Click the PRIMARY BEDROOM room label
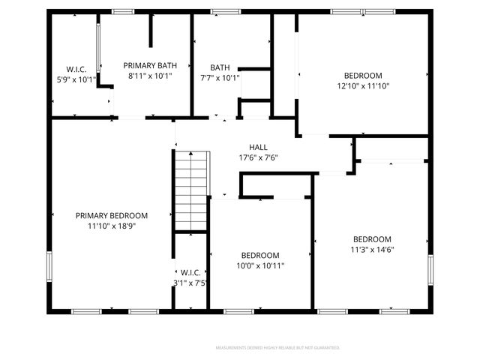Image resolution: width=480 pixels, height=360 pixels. (111, 215)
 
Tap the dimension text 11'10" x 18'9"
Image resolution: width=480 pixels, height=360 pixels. (111, 225)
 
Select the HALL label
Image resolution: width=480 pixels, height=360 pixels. (258, 148)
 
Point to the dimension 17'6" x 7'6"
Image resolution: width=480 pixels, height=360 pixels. (258, 157)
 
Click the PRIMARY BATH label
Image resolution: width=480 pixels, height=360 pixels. (150, 66)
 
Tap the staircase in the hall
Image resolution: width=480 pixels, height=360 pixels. (191, 189)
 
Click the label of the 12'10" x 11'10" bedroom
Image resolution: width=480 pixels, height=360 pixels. (363, 76)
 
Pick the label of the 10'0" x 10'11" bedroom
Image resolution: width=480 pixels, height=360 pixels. (260, 255)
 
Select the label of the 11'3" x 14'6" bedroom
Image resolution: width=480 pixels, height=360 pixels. (372, 240)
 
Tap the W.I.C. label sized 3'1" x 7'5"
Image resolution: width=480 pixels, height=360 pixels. (189, 272)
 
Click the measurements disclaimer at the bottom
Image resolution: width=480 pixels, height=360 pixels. (277, 348)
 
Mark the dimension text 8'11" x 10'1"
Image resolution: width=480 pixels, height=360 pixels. (150, 76)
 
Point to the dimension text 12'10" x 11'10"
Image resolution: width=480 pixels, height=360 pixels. (363, 85)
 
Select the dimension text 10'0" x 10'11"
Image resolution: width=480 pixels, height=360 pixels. (260, 265)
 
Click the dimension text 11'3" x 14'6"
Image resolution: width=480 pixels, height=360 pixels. (372, 250)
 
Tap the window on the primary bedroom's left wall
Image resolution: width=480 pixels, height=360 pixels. (49, 266)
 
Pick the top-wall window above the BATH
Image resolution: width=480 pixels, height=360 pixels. (221, 11)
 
